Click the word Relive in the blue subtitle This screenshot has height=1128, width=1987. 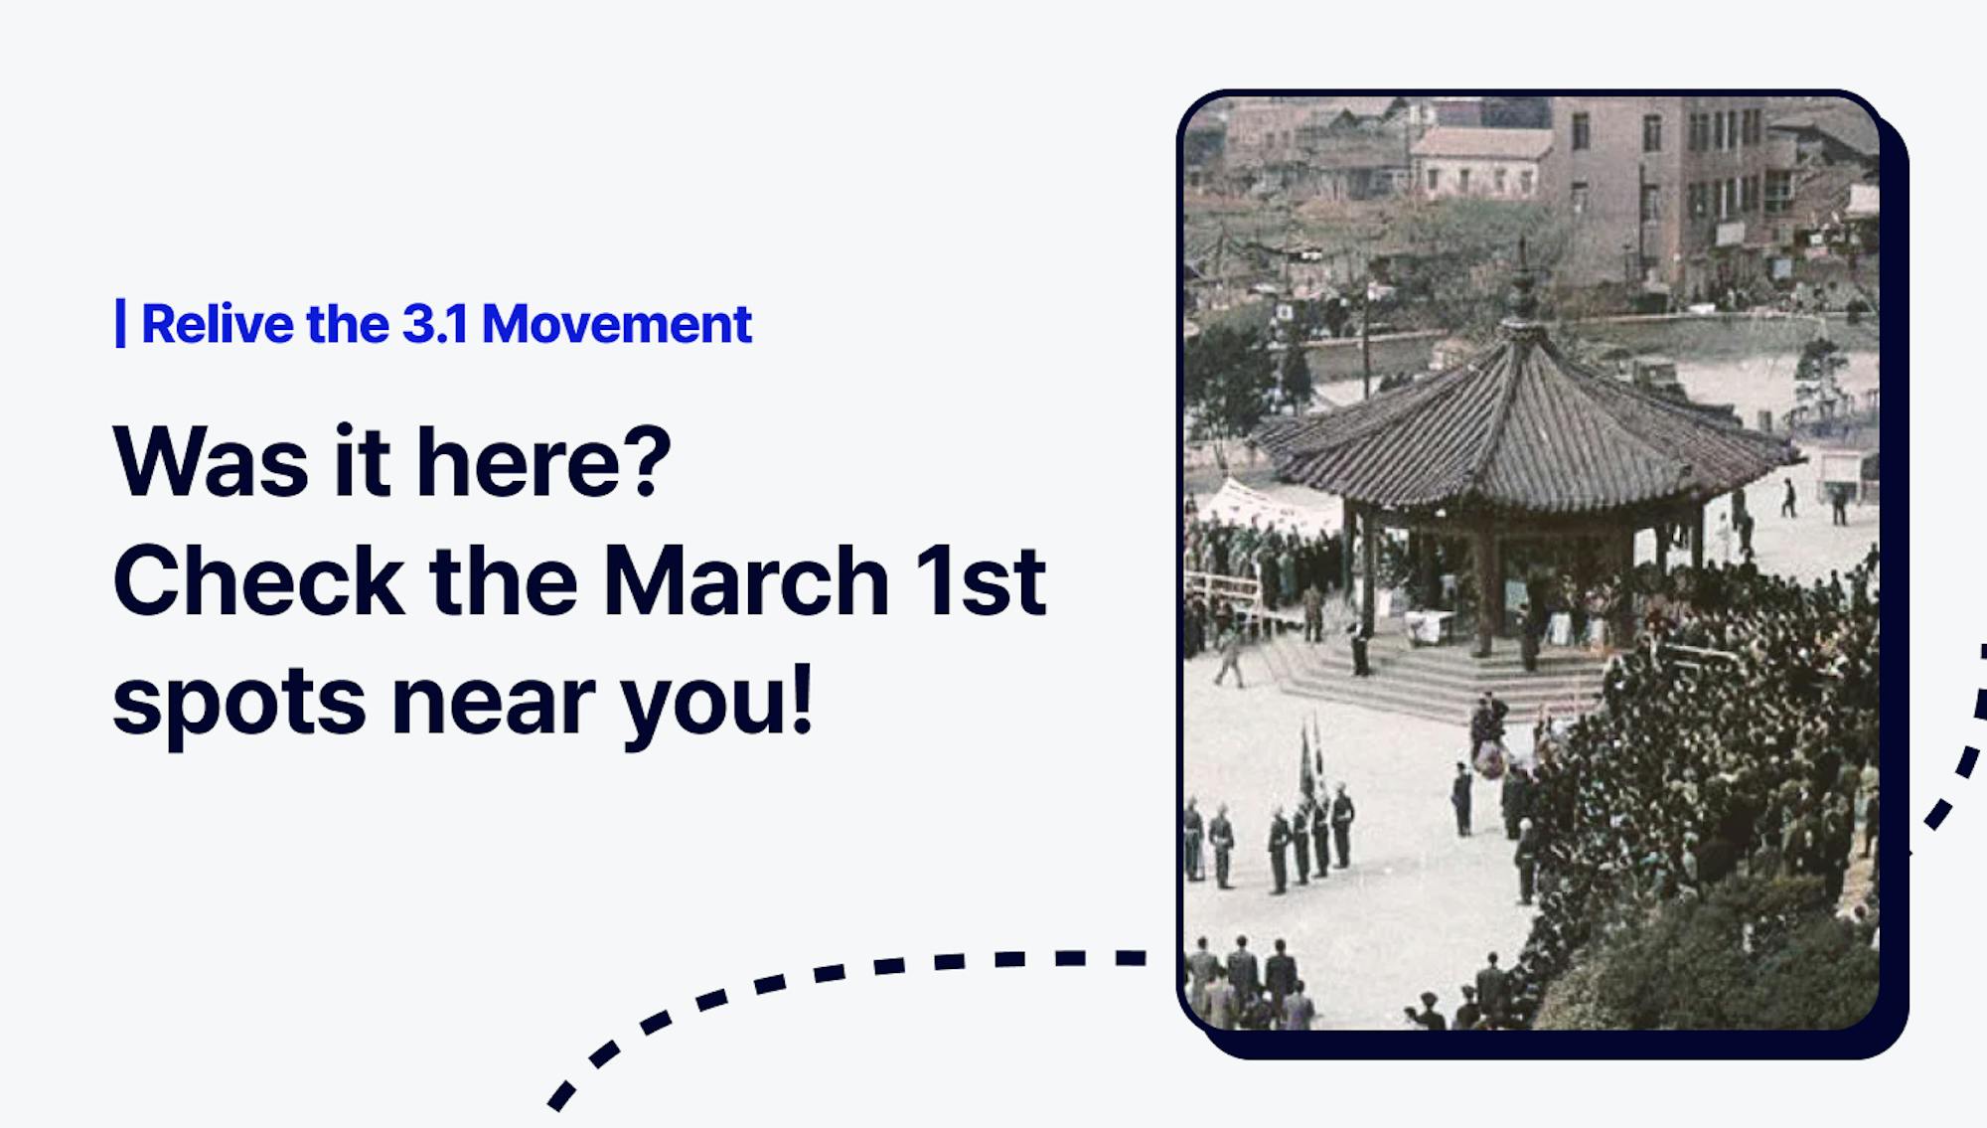click(218, 324)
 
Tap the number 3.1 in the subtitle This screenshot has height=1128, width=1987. click(435, 324)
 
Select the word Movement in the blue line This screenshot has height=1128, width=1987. click(617, 324)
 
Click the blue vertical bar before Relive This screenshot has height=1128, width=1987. click(120, 324)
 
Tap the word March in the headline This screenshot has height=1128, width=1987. click(746, 580)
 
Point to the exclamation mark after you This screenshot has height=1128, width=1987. click(802, 700)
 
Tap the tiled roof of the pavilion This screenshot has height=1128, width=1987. click(1525, 427)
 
